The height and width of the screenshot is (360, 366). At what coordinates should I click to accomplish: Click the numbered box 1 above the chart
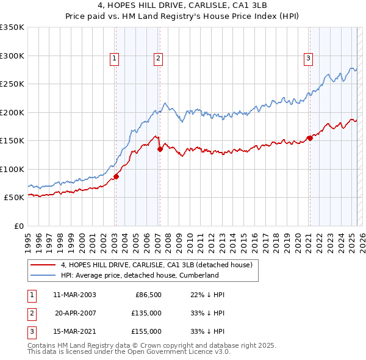click(x=115, y=59)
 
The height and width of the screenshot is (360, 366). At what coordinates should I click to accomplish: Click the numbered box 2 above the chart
click(x=158, y=59)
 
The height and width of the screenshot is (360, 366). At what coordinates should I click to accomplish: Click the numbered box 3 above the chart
click(x=309, y=59)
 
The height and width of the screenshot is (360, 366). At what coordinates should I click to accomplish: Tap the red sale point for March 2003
click(x=116, y=177)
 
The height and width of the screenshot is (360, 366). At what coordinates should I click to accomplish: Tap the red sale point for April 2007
click(x=160, y=148)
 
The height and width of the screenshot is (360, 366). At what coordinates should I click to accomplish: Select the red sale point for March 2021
click(x=310, y=138)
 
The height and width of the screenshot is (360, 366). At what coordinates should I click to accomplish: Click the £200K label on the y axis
click(x=12, y=112)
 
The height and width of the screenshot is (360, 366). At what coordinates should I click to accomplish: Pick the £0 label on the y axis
click(x=18, y=226)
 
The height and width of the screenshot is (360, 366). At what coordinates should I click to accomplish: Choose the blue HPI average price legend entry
click(x=140, y=275)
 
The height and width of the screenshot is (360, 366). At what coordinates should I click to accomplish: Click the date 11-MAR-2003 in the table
click(x=74, y=295)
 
